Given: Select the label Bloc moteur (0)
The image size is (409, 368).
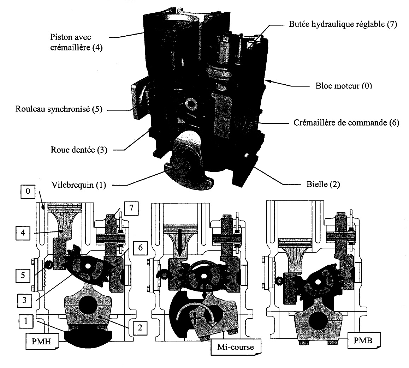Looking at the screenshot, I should pos(343,86).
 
